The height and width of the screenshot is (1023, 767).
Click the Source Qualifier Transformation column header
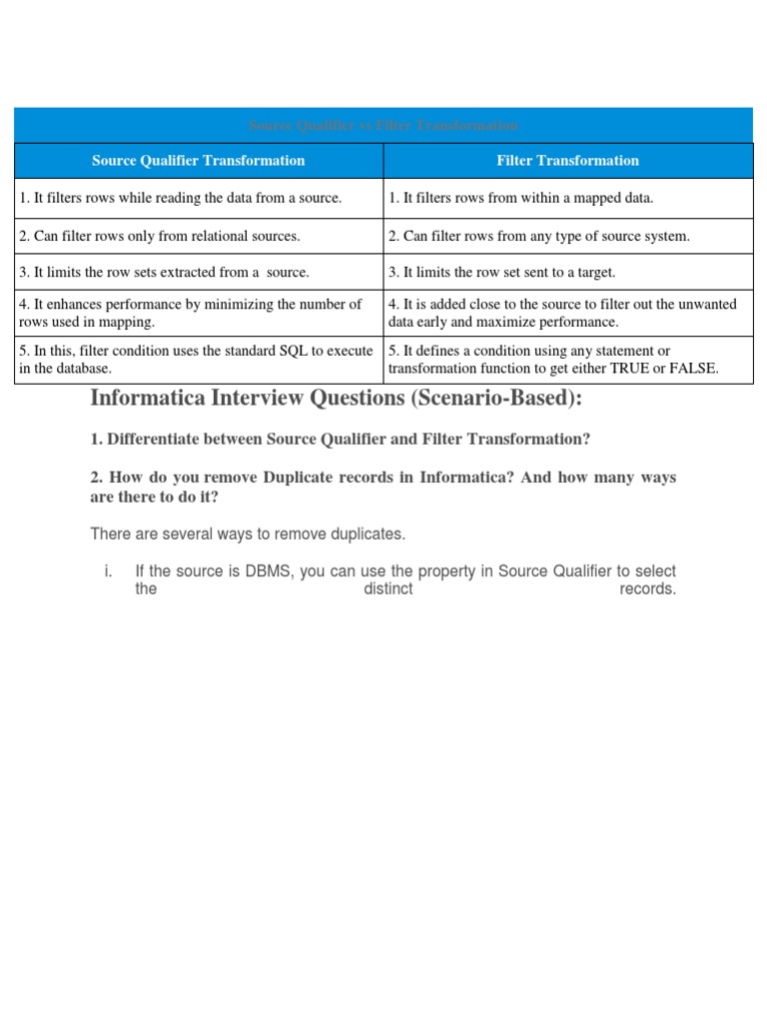tap(198, 160)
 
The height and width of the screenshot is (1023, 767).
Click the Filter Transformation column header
tap(567, 160)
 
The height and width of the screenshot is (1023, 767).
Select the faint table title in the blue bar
tap(383, 126)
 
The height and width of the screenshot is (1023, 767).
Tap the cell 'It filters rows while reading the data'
tap(180, 198)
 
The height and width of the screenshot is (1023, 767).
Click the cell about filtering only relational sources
tap(159, 236)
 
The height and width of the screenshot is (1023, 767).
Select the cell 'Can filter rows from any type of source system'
tap(539, 236)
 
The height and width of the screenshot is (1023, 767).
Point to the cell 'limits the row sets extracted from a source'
tap(164, 272)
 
